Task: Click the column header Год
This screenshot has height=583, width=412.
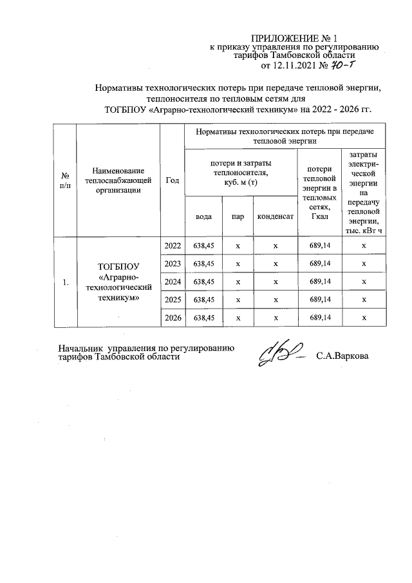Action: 172,180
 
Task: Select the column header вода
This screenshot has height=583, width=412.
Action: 203,216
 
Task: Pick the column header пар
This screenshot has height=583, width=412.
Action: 238,216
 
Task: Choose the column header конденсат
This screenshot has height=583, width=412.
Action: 276,216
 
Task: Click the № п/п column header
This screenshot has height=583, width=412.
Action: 65,180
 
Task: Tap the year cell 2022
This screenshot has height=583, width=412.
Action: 173,246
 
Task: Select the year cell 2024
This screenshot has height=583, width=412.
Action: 173,282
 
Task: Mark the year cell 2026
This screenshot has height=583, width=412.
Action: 173,318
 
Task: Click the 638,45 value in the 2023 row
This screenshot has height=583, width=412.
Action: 203,264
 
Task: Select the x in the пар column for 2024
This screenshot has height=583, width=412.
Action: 238,282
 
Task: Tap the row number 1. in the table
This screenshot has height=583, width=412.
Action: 65,282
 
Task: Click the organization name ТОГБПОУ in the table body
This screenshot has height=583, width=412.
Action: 118,265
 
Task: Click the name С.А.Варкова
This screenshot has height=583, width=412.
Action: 342,356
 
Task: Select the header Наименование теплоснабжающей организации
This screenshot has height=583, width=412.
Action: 118,180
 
